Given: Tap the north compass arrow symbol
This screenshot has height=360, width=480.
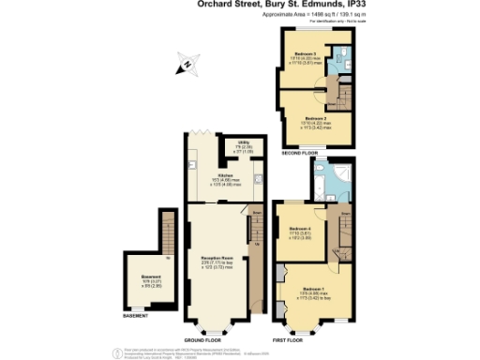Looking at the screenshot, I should pyautogui.click(x=187, y=65).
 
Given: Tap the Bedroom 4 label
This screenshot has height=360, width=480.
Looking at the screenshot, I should pyautogui.click(x=302, y=232).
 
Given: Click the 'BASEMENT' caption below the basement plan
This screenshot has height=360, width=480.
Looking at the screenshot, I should pyautogui.click(x=136, y=316).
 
